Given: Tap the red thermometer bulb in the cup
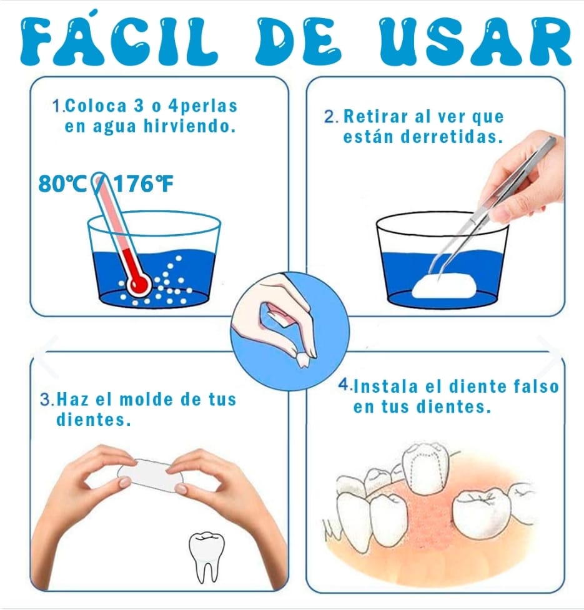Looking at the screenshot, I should click(x=138, y=284).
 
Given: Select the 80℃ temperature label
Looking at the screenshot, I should click(x=63, y=184).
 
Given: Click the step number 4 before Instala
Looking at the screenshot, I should click(x=344, y=385).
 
